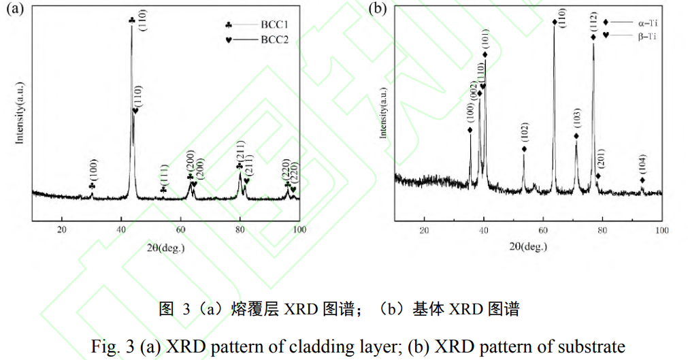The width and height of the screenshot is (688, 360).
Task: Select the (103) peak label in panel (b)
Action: coord(577,119)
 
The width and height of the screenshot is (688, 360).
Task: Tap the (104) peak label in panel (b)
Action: coord(642,165)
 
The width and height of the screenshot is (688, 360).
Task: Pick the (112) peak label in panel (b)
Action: coord(593,22)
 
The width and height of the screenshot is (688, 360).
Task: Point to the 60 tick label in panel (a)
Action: coord(180,230)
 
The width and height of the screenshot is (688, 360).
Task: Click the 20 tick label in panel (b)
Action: coord(424,230)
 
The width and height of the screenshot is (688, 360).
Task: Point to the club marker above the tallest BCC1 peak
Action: coord(132,21)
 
